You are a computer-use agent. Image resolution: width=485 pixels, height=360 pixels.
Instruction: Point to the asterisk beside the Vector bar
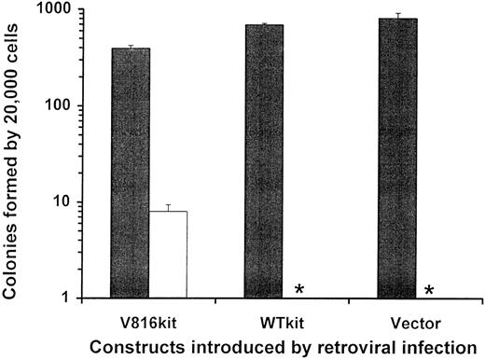coord(429,291)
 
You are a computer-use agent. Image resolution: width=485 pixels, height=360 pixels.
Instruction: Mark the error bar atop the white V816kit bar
coord(168,207)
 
